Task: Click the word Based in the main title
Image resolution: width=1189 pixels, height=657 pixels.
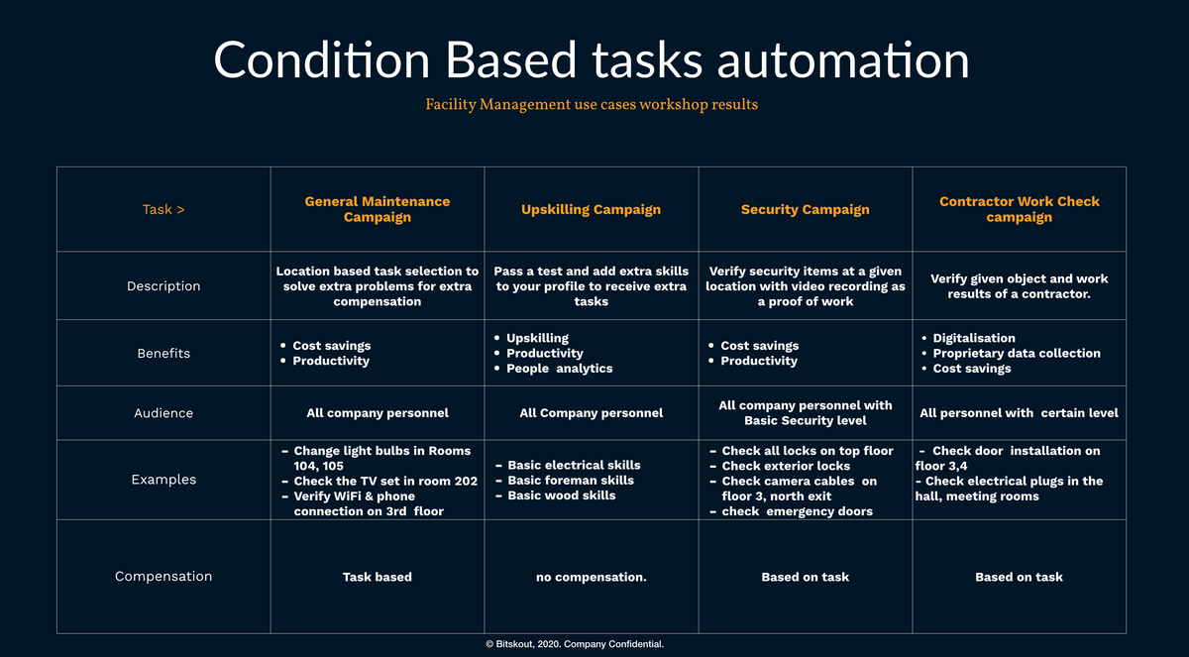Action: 510,60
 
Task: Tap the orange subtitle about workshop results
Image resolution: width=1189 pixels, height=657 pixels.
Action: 592,105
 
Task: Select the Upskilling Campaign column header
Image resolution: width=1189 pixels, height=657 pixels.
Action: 591,210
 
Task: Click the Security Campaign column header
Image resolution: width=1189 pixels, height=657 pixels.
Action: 806,210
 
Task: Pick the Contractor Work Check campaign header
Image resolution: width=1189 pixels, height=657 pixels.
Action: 1020,209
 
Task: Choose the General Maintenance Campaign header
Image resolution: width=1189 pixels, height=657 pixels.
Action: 377,209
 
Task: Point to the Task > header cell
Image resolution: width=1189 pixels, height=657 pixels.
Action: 163,210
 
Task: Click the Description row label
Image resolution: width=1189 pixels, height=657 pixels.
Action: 163,286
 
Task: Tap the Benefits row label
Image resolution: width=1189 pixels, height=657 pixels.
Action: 163,354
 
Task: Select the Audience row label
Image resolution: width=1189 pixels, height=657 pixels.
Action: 163,413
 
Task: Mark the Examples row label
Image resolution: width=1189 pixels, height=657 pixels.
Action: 163,480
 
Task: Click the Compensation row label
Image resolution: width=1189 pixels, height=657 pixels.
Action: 163,577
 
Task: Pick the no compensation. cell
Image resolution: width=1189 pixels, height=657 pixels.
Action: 592,577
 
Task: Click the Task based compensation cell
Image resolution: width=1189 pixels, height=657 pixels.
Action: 377,577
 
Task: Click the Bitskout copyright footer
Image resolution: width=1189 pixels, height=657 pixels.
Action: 575,644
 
